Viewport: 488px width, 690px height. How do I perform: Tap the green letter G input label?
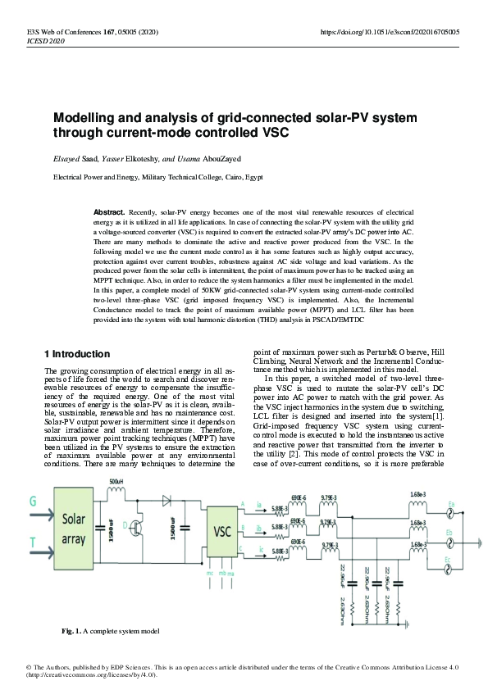tap(33, 499)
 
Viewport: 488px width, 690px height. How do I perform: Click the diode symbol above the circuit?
tap(169, 497)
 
